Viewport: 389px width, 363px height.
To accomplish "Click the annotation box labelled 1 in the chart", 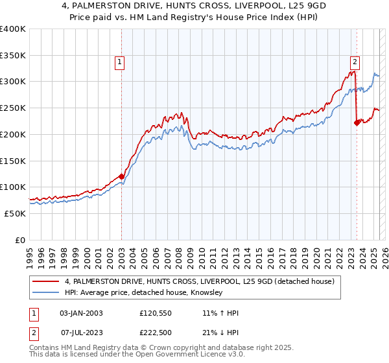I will click(121, 62).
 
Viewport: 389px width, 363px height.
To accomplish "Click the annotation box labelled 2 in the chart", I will click(355, 62).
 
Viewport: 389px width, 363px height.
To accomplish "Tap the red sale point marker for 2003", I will click(121, 176).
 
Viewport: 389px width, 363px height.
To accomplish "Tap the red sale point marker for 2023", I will click(357, 122).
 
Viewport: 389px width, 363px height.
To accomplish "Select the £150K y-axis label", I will click(13, 160).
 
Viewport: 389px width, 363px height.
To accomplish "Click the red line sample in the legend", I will click(45, 281).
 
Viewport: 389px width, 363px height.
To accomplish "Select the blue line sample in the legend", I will click(45, 293).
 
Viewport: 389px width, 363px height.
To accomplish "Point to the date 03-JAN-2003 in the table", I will click(81, 313).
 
